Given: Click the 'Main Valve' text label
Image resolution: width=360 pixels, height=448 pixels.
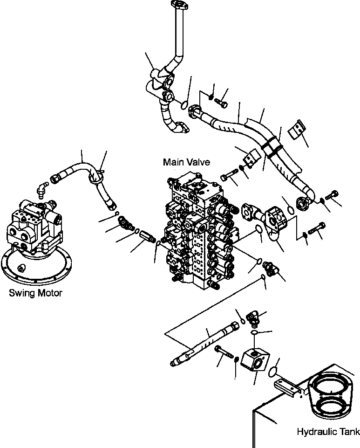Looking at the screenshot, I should pos(186,162).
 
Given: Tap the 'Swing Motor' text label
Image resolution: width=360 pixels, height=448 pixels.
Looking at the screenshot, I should pos(35,293).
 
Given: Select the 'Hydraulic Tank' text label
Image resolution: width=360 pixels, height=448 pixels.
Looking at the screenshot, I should pos(328,432).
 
